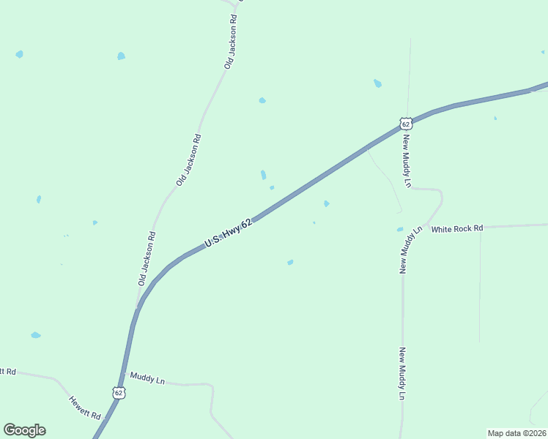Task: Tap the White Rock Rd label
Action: click(457, 229)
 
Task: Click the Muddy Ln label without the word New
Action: click(147, 378)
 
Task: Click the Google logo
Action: click(24, 430)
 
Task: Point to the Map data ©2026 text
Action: click(516, 432)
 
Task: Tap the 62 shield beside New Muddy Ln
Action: click(406, 124)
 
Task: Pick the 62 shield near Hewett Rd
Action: click(119, 393)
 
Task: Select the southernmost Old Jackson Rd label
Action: click(147, 258)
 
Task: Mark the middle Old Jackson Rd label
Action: click(188, 159)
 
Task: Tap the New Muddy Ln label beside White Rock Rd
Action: click(410, 250)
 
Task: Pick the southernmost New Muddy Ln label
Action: click(401, 373)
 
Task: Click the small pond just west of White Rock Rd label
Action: click(400, 229)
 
